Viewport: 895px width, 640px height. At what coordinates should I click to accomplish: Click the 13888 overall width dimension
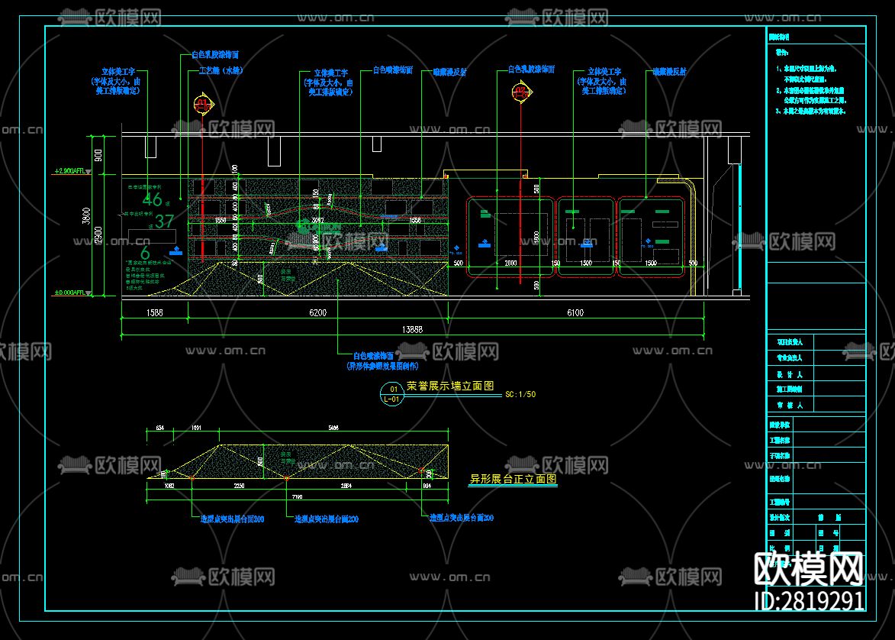pos(412,329)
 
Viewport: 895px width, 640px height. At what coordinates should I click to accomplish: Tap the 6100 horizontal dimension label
pos(576,312)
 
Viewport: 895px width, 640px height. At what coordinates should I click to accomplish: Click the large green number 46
pos(153,201)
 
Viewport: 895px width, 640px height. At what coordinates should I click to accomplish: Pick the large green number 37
pos(165,222)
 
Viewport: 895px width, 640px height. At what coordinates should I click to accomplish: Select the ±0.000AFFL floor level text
pos(72,293)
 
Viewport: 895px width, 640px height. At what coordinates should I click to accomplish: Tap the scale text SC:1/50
pos(520,395)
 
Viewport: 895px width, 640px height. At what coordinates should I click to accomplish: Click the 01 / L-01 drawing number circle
pos(392,393)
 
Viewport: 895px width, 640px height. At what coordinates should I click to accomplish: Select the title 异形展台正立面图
pos(512,480)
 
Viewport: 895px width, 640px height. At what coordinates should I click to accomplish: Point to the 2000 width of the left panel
pos(510,263)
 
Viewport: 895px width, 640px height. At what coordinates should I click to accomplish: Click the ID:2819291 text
pos(809,600)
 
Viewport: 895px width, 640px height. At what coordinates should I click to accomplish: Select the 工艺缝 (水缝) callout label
pos(221,70)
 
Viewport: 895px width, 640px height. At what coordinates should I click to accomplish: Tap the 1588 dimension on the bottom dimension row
pos(153,312)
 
